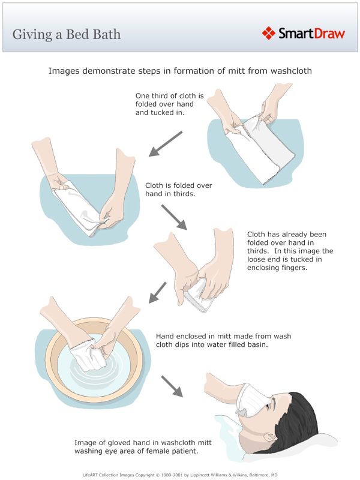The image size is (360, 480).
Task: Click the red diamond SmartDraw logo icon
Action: [268, 33]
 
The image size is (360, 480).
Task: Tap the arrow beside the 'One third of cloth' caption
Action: [166, 144]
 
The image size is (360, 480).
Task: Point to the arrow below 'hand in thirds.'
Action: [174, 217]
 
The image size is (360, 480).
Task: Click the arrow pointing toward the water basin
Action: [158, 293]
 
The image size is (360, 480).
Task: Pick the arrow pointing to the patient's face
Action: [172, 386]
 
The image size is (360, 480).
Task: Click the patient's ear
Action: [271, 438]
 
